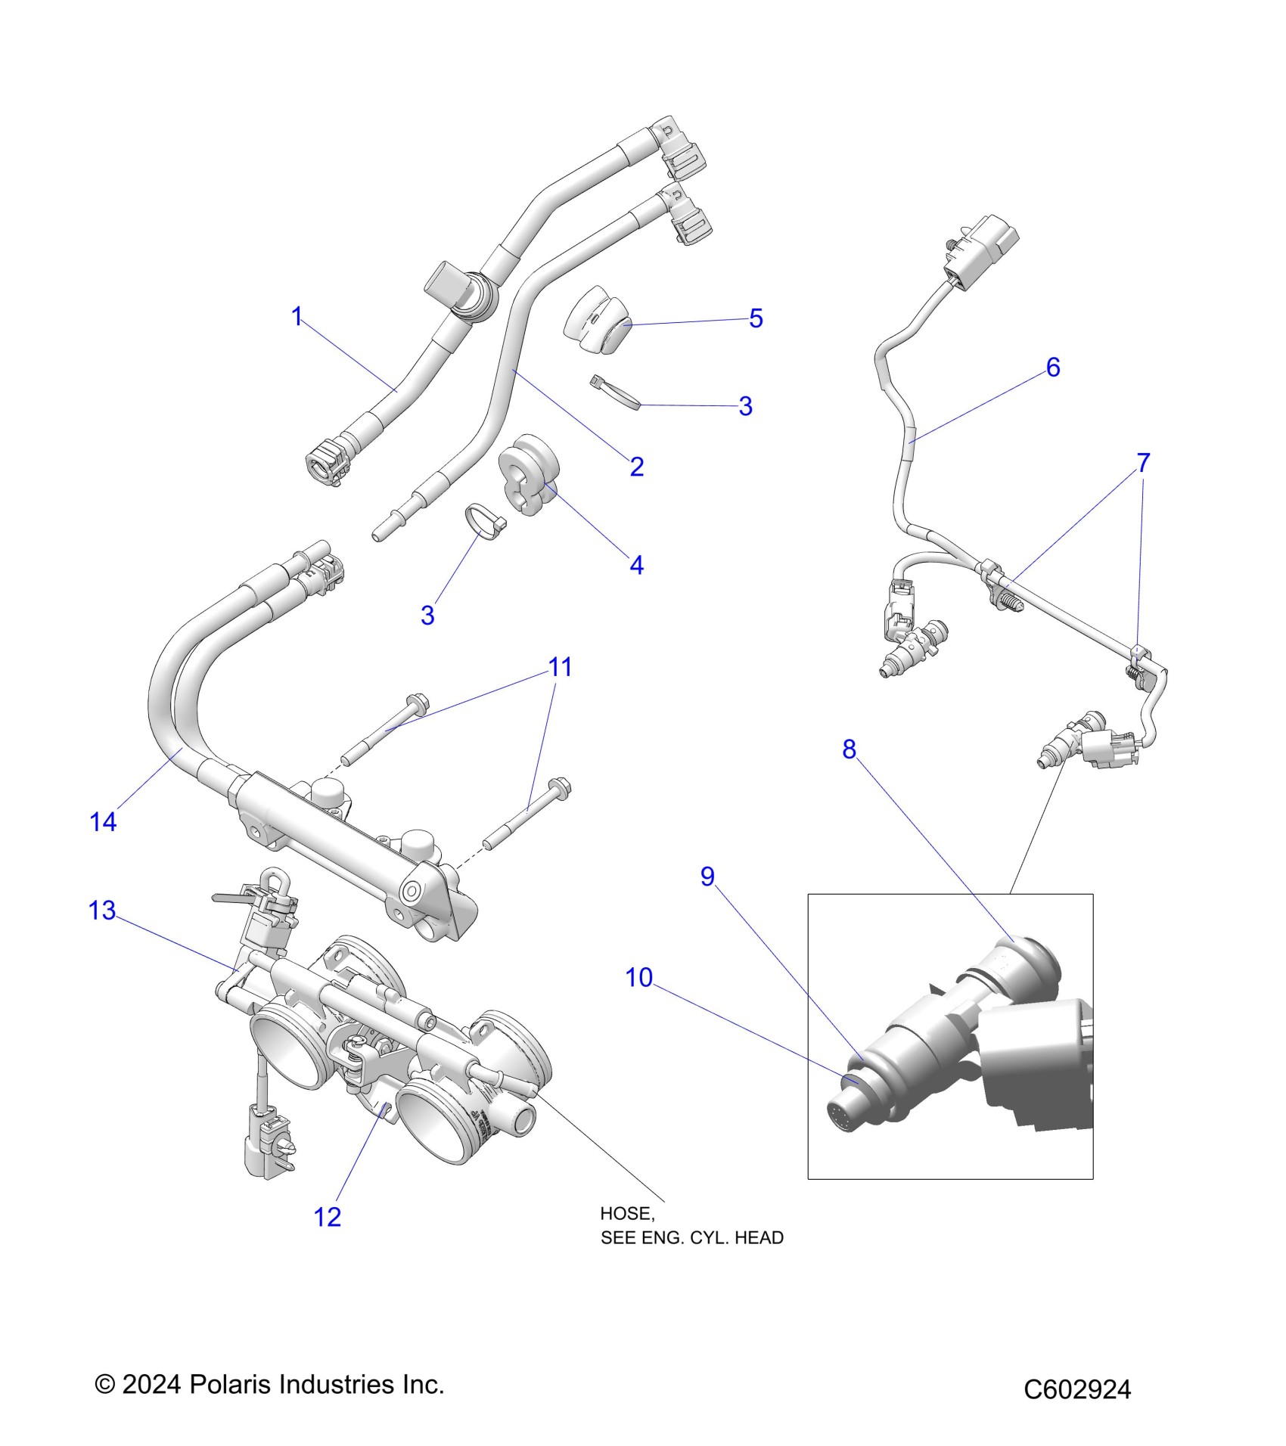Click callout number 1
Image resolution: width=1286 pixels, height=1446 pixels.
click(297, 316)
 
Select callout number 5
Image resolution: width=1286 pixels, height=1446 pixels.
click(756, 318)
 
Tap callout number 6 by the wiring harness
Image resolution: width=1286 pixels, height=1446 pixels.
click(1053, 368)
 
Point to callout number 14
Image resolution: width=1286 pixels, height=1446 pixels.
click(103, 822)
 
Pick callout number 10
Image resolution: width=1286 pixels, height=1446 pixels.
click(638, 978)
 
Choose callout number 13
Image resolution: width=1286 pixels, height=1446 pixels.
click(102, 911)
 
